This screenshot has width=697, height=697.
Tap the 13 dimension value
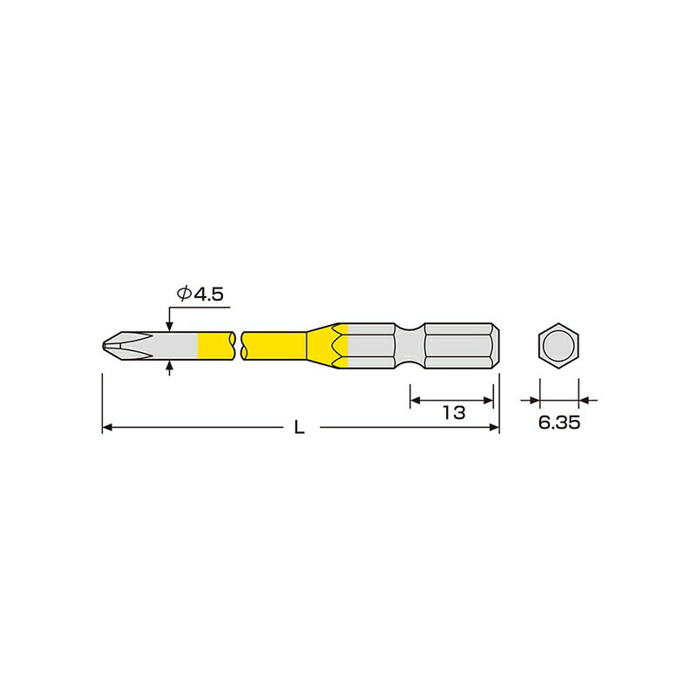pos(453,413)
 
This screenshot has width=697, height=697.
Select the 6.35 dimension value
pos(558,423)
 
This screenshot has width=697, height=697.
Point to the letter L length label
pos(299,428)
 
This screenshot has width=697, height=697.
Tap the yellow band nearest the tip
pos(215,343)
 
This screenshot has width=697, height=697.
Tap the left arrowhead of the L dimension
pos(108,428)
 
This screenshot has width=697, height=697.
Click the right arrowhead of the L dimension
pos(495,428)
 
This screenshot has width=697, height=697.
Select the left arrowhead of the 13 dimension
pos(415,400)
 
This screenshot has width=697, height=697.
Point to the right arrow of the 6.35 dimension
pos(588,400)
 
